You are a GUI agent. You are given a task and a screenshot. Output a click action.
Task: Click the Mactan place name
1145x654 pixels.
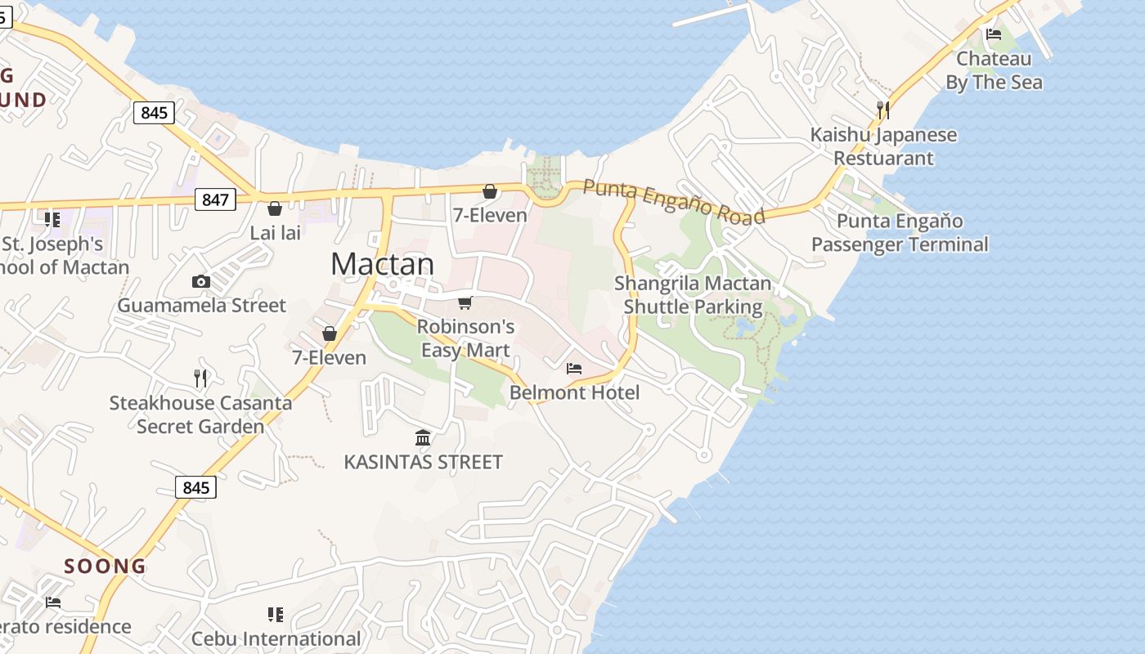click(x=382, y=263)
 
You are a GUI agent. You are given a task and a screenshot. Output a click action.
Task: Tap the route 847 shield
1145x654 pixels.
click(x=216, y=199)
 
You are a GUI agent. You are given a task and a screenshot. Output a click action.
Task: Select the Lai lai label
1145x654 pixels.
click(x=275, y=233)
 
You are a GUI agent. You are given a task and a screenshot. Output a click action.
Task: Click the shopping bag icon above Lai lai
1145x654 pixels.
click(x=275, y=208)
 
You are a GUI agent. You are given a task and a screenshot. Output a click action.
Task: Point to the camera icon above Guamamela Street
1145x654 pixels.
click(x=200, y=282)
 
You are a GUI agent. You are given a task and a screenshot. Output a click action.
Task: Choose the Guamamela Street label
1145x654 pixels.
click(x=201, y=306)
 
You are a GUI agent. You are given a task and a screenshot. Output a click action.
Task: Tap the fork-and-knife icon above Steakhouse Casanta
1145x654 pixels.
click(x=200, y=378)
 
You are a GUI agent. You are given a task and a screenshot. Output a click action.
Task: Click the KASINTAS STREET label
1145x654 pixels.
click(x=423, y=462)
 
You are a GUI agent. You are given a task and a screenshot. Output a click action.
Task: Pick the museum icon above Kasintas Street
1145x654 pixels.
click(x=423, y=438)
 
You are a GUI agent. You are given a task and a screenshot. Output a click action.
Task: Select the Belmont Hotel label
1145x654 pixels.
click(x=574, y=392)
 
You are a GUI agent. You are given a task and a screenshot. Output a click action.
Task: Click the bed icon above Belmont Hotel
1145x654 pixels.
click(x=574, y=369)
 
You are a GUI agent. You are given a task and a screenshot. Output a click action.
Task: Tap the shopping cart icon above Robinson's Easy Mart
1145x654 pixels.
click(x=465, y=303)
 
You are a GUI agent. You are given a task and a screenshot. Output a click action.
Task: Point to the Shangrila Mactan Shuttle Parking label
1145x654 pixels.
click(x=693, y=295)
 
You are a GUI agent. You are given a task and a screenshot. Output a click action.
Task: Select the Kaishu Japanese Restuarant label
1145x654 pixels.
click(x=883, y=146)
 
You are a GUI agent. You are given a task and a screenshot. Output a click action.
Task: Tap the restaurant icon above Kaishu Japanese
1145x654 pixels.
click(x=883, y=110)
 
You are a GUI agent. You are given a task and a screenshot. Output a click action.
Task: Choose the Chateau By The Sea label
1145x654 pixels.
click(x=994, y=70)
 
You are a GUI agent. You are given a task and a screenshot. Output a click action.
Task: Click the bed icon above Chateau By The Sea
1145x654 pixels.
click(x=994, y=34)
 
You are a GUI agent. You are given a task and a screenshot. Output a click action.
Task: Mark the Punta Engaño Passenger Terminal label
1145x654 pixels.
click(x=900, y=233)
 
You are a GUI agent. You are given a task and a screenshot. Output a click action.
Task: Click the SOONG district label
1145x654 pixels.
click(x=106, y=566)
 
